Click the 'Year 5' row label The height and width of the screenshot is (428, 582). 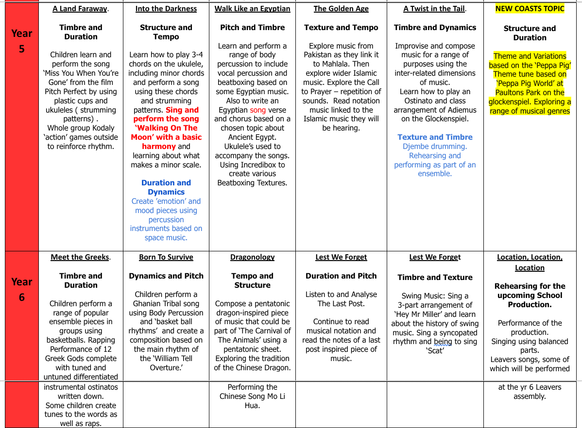(x=21, y=41)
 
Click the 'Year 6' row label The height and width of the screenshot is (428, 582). (x=21, y=289)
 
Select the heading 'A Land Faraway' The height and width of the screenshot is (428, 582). (x=80, y=9)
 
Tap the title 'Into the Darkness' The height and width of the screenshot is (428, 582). (x=166, y=9)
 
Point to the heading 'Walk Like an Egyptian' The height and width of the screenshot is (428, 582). (x=252, y=9)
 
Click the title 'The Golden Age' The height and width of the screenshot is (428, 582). (x=341, y=9)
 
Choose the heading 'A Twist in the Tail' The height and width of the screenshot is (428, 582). (x=434, y=9)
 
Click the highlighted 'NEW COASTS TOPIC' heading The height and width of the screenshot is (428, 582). (x=530, y=9)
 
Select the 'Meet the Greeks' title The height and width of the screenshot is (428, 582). (x=80, y=257)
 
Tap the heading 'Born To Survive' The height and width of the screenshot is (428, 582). (x=166, y=257)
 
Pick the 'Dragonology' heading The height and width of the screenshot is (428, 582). (x=252, y=257)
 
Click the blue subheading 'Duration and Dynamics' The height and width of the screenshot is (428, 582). (x=166, y=187)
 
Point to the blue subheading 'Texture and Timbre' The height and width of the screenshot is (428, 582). (x=435, y=137)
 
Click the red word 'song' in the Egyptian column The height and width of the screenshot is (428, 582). (x=258, y=110)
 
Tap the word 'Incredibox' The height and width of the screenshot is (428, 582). (x=261, y=165)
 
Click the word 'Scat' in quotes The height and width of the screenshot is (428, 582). (x=435, y=350)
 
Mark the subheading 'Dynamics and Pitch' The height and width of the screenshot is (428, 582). (x=166, y=276)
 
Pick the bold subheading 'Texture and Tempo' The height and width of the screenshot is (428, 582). (x=341, y=28)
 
